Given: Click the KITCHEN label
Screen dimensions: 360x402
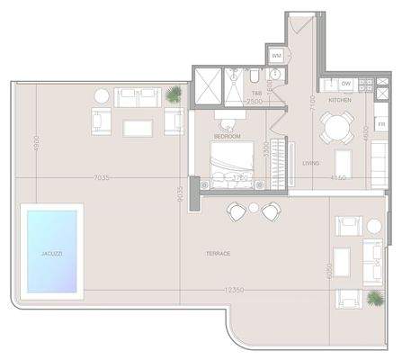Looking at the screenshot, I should (x=339, y=100).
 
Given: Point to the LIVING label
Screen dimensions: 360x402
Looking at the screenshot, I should (x=311, y=163).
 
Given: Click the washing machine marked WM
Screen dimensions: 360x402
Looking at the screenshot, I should (x=277, y=56).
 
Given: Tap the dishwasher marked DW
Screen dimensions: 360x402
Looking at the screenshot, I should (x=345, y=84).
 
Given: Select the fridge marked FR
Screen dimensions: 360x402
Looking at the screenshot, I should (x=381, y=123).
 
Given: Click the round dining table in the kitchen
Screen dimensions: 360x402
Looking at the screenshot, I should (x=338, y=129).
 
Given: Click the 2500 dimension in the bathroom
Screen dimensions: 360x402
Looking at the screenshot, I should (x=255, y=102).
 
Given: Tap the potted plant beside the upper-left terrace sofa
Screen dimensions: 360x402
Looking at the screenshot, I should (x=173, y=92).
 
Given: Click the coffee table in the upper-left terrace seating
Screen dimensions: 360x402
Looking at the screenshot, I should (x=138, y=127).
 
